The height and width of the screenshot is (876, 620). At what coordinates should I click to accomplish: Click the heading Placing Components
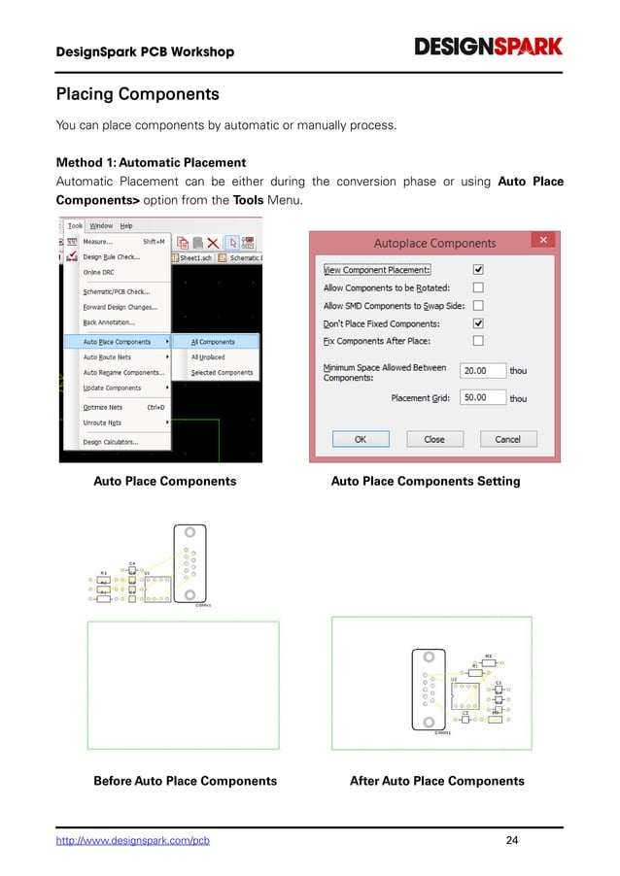point(137,95)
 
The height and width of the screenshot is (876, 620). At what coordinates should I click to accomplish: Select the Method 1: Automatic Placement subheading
point(151,162)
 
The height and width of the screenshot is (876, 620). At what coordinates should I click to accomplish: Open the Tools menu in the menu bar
point(75,225)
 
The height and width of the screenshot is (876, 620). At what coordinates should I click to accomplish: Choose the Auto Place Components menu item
point(117,342)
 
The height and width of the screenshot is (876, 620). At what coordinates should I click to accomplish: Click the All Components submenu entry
point(213,342)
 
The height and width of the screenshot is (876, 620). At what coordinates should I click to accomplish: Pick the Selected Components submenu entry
point(222,372)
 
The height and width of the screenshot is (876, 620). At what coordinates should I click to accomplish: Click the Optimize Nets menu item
point(103,407)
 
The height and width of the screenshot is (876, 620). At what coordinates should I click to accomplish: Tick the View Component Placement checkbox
point(478,270)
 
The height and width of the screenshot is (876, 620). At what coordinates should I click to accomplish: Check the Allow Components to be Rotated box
point(478,287)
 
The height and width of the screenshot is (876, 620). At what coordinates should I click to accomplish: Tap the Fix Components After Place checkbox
point(478,341)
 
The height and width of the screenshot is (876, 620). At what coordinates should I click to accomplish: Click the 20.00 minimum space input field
point(483,371)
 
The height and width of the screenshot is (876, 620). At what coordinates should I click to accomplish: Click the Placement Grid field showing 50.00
point(483,397)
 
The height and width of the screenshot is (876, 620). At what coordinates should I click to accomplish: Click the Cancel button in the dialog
point(508,439)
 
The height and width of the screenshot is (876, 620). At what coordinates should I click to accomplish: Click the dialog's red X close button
point(544,240)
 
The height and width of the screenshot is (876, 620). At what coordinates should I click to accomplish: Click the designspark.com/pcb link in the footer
point(133,840)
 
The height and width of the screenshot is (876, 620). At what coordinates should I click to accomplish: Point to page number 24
point(513,840)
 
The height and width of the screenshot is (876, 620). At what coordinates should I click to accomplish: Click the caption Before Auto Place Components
point(185,781)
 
